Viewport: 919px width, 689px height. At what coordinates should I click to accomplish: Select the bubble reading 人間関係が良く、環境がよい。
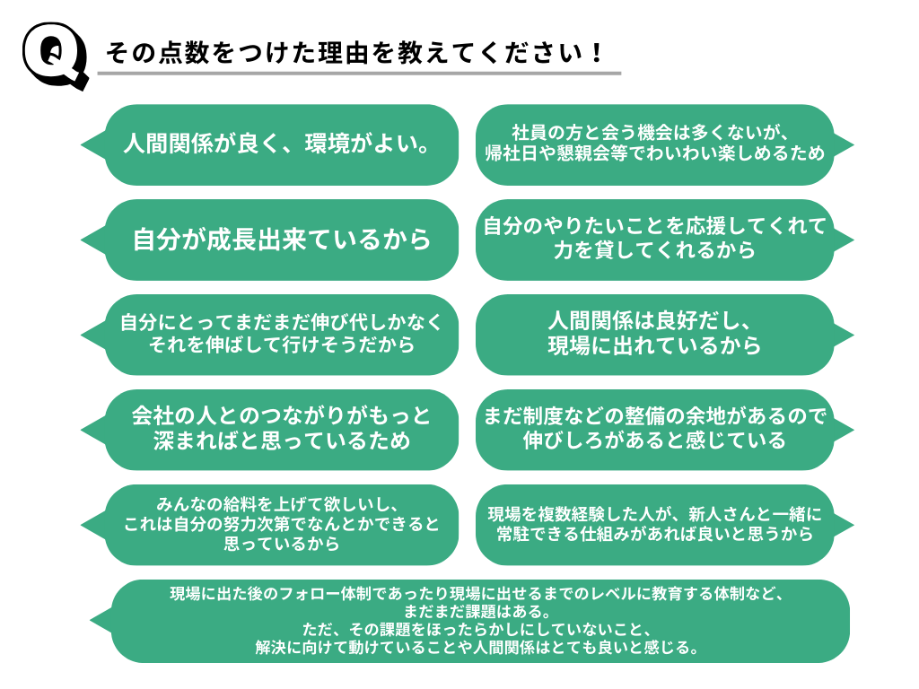click(277, 144)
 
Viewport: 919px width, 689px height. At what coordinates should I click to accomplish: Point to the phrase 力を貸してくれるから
click(654, 250)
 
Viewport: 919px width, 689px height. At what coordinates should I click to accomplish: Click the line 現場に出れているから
click(654, 345)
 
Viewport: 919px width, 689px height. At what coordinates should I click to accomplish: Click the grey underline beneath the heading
click(359, 73)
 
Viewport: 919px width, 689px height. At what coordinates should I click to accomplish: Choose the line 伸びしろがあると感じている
click(654, 440)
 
